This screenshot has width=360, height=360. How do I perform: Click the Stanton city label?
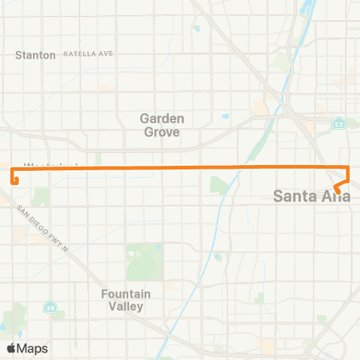click(x=36, y=55)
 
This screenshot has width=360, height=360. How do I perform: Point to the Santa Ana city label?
click(x=311, y=197)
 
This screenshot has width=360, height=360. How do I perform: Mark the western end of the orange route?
click(x=13, y=181)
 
